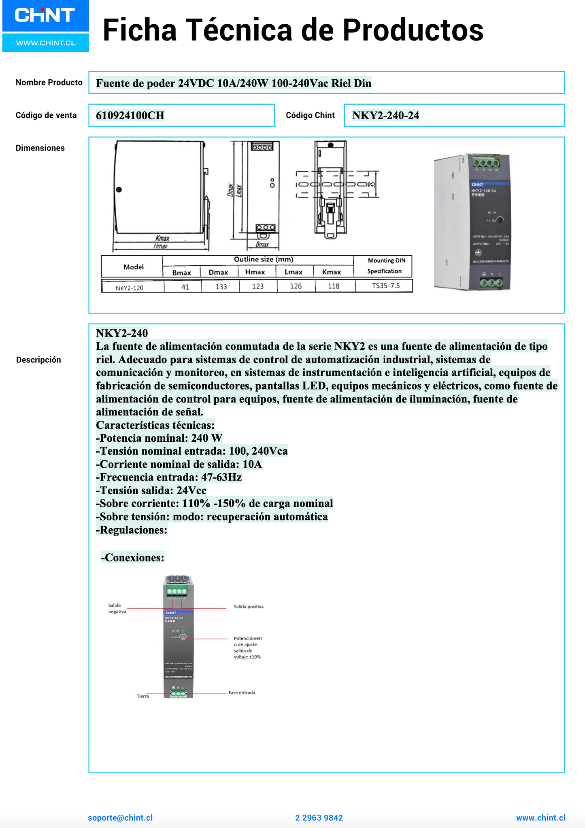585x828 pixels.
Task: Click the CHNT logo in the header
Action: coord(45,16)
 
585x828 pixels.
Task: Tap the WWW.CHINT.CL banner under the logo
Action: coord(46,43)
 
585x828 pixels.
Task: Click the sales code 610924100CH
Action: coord(130,116)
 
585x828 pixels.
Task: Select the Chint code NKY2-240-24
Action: coord(385,116)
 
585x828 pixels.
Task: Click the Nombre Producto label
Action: coord(49,83)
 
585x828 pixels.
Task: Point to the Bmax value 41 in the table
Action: coord(185,286)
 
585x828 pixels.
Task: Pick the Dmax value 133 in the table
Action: coord(221,286)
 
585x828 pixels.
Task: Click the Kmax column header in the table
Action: coord(332,272)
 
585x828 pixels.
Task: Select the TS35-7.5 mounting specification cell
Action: coord(385,286)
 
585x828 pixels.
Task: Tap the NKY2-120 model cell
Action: coord(130,288)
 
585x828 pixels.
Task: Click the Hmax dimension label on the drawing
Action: coord(161,246)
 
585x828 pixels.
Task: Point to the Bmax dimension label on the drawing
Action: coord(262,245)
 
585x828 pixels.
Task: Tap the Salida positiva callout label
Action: coord(249,607)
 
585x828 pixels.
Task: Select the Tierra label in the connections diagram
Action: coord(143,696)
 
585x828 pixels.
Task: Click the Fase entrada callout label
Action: coord(242,692)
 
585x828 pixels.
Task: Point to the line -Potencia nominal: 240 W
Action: coord(159,438)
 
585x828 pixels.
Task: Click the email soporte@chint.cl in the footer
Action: coord(120,817)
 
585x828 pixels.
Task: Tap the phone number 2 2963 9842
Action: coord(319,817)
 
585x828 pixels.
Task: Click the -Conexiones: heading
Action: coord(132,557)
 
